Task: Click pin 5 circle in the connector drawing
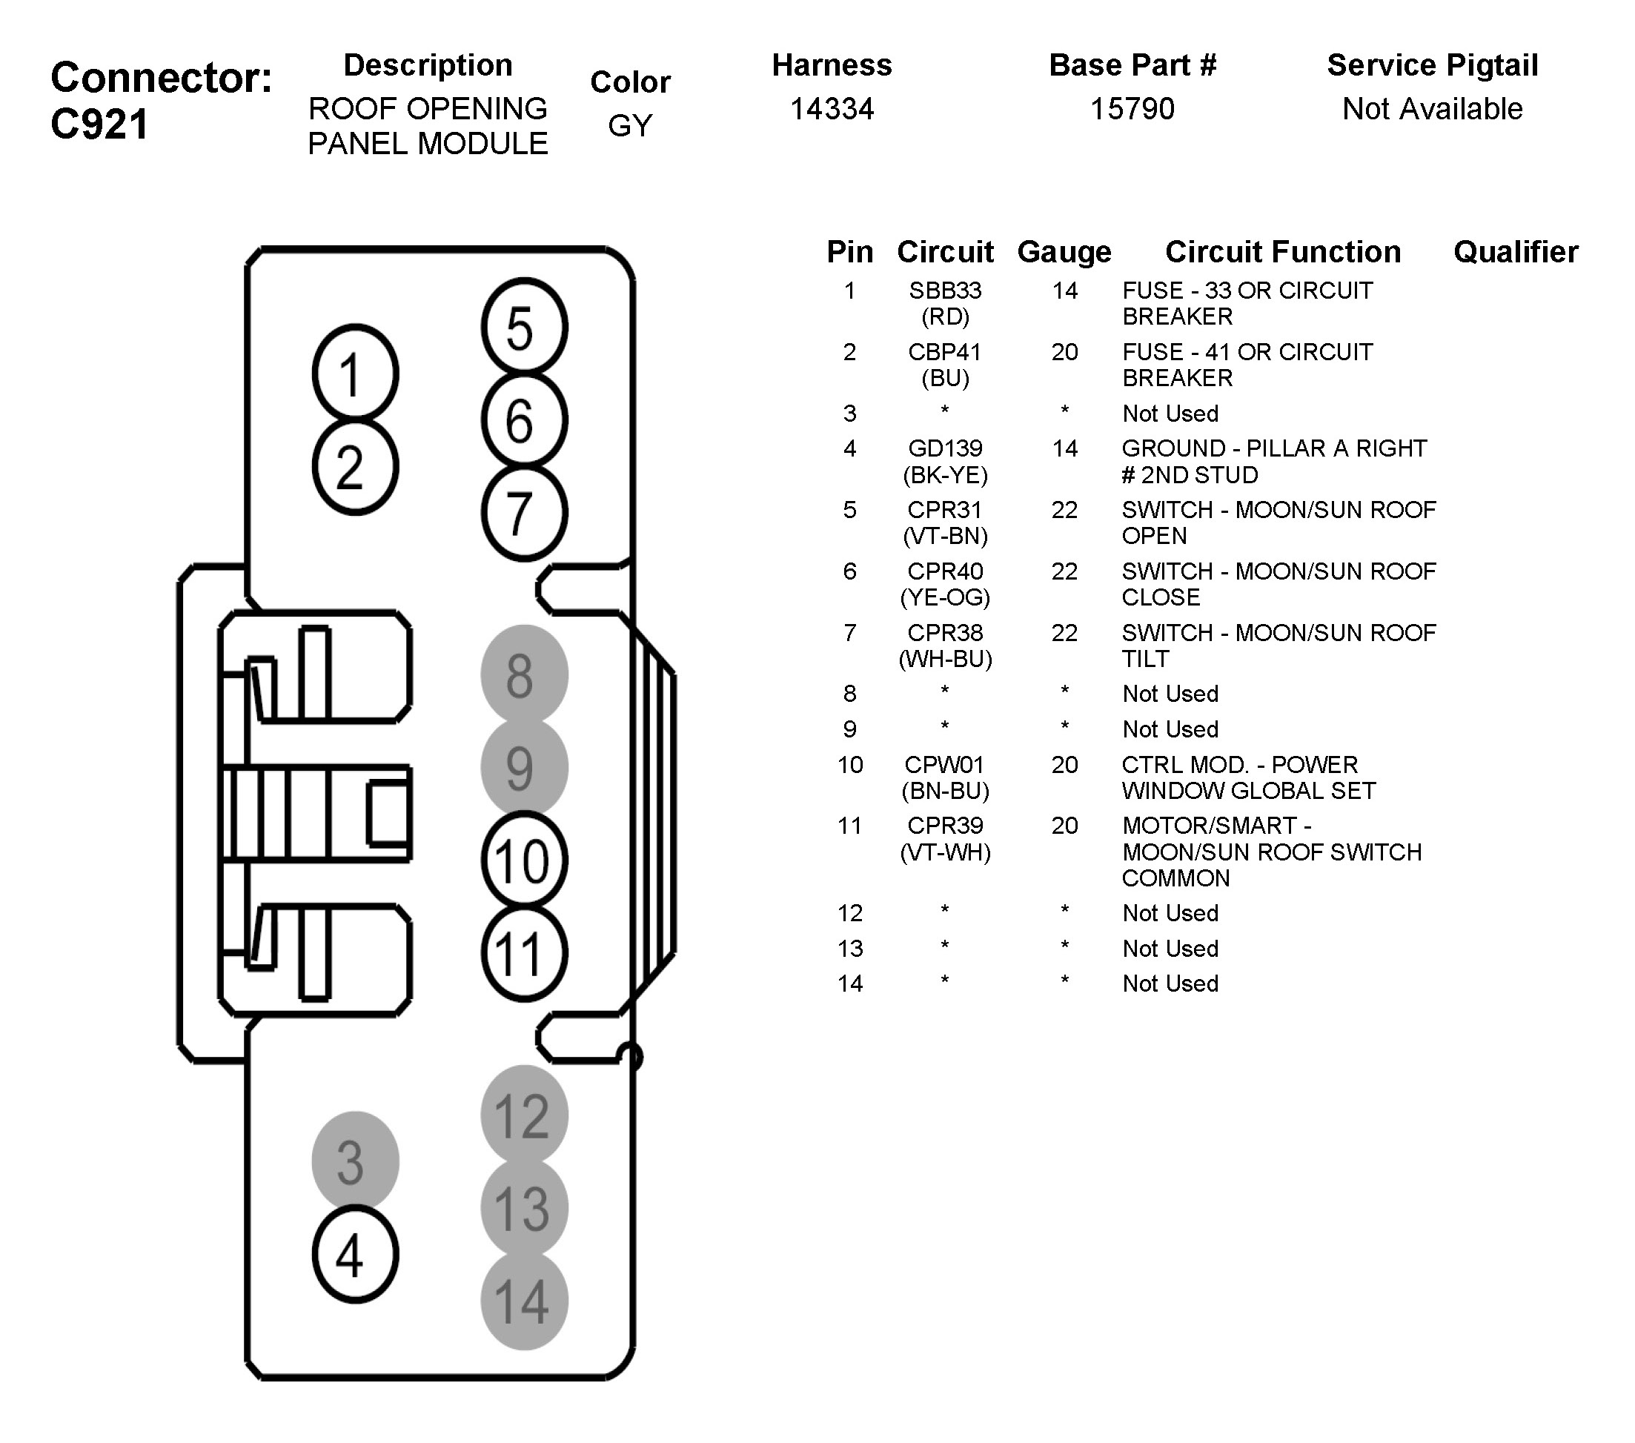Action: pyautogui.click(x=524, y=327)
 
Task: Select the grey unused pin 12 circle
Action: pyautogui.click(x=524, y=1115)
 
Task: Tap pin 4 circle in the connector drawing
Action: pyautogui.click(x=354, y=1254)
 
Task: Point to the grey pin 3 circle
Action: pyautogui.click(x=354, y=1161)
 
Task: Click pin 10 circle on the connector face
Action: pyautogui.click(x=524, y=860)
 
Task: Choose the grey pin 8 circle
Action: pyautogui.click(x=524, y=674)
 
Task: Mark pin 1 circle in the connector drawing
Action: pyautogui.click(x=354, y=374)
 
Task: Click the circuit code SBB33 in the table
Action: pyautogui.click(x=945, y=291)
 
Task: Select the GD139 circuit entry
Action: pyautogui.click(x=945, y=448)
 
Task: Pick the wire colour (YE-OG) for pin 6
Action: pyautogui.click(x=945, y=597)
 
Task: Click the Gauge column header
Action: pyautogui.click(x=1064, y=252)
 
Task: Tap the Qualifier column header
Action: pyautogui.click(x=1515, y=252)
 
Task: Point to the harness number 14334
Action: pyautogui.click(x=832, y=109)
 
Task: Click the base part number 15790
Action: pyautogui.click(x=1132, y=109)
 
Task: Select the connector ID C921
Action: pyautogui.click(x=100, y=125)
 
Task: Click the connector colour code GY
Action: pyautogui.click(x=630, y=125)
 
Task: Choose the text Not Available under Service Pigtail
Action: pyautogui.click(x=1432, y=109)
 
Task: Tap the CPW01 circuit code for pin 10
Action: pyautogui.click(x=944, y=765)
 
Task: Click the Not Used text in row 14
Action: pyautogui.click(x=1170, y=983)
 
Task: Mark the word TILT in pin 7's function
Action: pyautogui.click(x=1145, y=659)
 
